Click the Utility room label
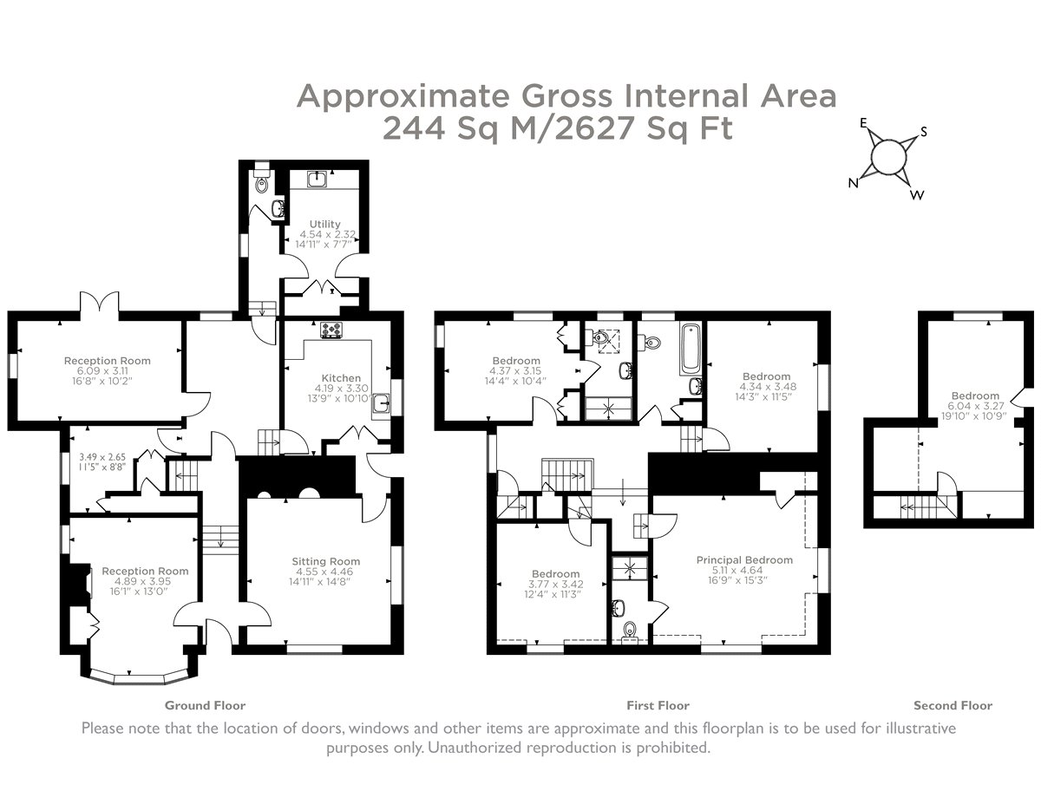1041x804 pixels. point(324,224)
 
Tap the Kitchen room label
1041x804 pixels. point(341,378)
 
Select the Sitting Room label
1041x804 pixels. point(326,561)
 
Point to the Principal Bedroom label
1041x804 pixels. point(744,559)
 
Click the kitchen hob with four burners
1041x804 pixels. point(331,329)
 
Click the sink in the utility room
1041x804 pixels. point(318,179)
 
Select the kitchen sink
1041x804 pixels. point(382,403)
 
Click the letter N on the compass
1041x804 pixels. point(853,183)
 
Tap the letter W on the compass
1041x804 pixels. point(916,195)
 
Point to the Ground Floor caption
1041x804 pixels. point(205,705)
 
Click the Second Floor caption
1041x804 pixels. point(953,705)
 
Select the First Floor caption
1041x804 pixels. point(658,705)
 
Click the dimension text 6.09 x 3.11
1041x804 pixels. point(102,371)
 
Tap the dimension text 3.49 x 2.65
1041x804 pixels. point(102,457)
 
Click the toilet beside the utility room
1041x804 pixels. point(262,182)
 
